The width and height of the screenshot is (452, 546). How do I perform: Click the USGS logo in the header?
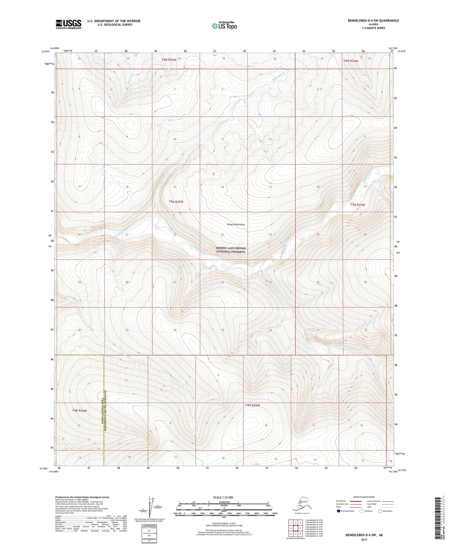point(69,24)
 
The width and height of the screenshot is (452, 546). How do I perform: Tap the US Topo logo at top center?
point(224,26)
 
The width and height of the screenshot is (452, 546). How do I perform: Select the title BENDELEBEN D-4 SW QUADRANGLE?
point(373,21)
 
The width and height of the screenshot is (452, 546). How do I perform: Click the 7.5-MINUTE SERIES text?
point(373,28)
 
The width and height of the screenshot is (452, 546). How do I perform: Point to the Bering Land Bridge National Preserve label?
point(231,250)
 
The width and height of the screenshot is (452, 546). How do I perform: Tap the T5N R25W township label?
point(176,202)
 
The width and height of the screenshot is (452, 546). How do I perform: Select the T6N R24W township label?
point(350,61)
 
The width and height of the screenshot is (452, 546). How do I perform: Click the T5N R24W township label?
point(357,205)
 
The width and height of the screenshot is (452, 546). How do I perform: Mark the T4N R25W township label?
point(252,406)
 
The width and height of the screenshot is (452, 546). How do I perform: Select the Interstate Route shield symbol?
point(339,511)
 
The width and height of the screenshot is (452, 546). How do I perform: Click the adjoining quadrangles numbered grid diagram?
point(295,529)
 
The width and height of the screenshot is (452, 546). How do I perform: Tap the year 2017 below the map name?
point(364,539)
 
